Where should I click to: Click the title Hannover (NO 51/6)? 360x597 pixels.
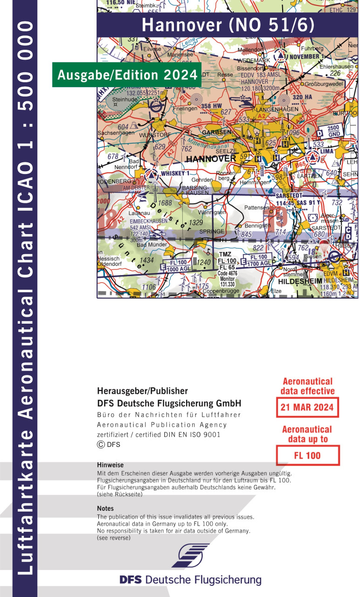tap(228, 25)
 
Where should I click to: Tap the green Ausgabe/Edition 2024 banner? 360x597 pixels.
tap(126, 75)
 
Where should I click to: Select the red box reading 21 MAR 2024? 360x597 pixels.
tap(307, 407)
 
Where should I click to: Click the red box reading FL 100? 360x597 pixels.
tap(307, 455)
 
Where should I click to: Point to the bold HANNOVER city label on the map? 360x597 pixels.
tap(211, 159)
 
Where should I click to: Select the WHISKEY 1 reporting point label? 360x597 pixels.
tap(175, 174)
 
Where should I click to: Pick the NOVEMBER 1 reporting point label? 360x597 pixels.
tap(307, 56)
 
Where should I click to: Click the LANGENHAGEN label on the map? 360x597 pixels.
tap(277, 109)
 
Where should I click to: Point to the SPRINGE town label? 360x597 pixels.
tap(212, 231)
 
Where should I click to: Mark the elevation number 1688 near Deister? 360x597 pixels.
tap(165, 203)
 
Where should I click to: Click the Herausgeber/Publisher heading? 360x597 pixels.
tap(142, 391)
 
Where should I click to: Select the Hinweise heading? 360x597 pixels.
tap(110, 465)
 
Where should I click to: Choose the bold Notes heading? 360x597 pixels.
tap(105, 508)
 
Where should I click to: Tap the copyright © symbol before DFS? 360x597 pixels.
tap(101, 444)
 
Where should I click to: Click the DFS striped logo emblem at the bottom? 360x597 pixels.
tap(190, 555)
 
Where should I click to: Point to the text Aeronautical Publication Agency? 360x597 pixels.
tap(162, 425)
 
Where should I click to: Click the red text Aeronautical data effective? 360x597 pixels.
tap(307, 386)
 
